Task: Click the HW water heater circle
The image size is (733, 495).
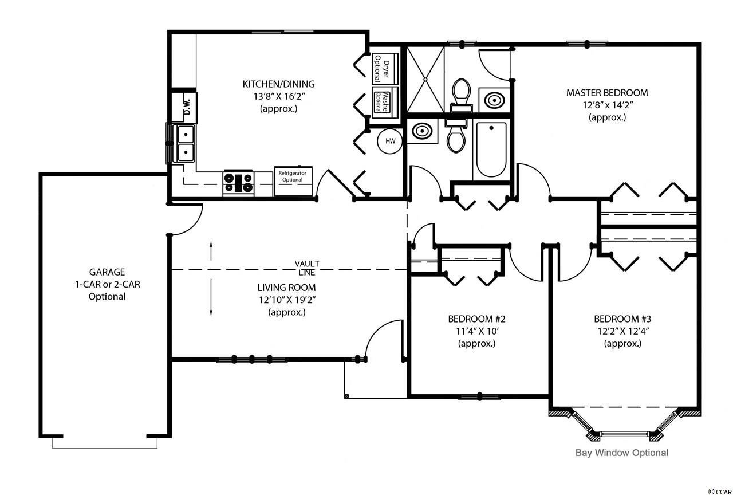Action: [390, 141]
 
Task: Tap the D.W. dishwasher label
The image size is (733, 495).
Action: [187, 107]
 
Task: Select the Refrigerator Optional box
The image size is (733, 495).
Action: [293, 182]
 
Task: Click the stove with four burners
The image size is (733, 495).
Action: [238, 183]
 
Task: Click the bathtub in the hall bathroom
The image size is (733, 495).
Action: [491, 150]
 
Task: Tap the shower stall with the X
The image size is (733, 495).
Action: [425, 79]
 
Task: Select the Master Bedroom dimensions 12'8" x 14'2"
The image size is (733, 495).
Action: [608, 105]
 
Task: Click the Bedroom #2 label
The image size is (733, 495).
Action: [476, 319]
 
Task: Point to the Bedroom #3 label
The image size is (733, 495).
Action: [622, 319]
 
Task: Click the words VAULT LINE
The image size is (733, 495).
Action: [307, 268]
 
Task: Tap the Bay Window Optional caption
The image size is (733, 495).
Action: [622, 453]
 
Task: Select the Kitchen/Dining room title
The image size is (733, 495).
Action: [278, 84]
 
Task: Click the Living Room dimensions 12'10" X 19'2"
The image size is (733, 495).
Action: [287, 300]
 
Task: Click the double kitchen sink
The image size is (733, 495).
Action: [186, 143]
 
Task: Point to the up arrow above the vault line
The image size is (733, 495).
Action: [211, 251]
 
